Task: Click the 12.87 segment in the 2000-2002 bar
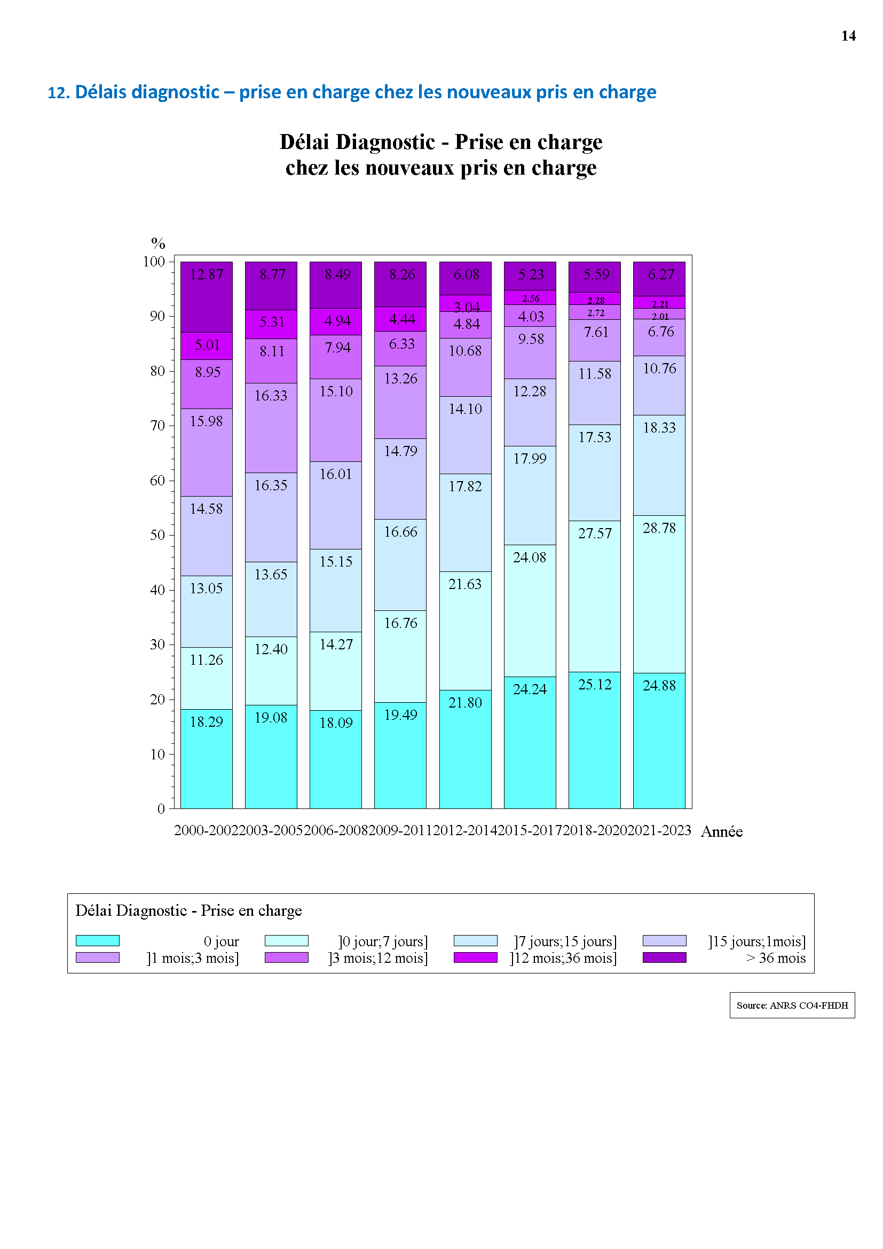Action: (x=206, y=297)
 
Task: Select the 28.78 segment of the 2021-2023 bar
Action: (x=659, y=594)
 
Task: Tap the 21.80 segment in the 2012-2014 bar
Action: (x=465, y=749)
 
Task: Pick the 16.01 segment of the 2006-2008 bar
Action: (x=335, y=505)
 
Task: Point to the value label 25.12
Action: (x=594, y=685)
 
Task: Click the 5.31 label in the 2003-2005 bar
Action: (x=272, y=322)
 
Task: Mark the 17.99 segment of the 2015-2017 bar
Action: (x=530, y=495)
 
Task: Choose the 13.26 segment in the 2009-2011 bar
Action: (x=400, y=402)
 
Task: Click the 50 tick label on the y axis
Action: (x=157, y=535)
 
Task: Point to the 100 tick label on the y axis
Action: (x=154, y=262)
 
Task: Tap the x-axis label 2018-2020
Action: (x=595, y=830)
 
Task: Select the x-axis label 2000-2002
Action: (x=206, y=830)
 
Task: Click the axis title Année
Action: (x=722, y=832)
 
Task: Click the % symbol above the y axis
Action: (x=158, y=243)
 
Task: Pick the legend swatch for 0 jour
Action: (x=97, y=940)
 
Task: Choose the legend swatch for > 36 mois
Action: (x=664, y=957)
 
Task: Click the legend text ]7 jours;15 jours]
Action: (x=565, y=941)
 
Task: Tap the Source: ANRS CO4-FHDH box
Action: (x=792, y=1006)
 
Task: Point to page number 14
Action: (x=848, y=36)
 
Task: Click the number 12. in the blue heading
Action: (x=59, y=93)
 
